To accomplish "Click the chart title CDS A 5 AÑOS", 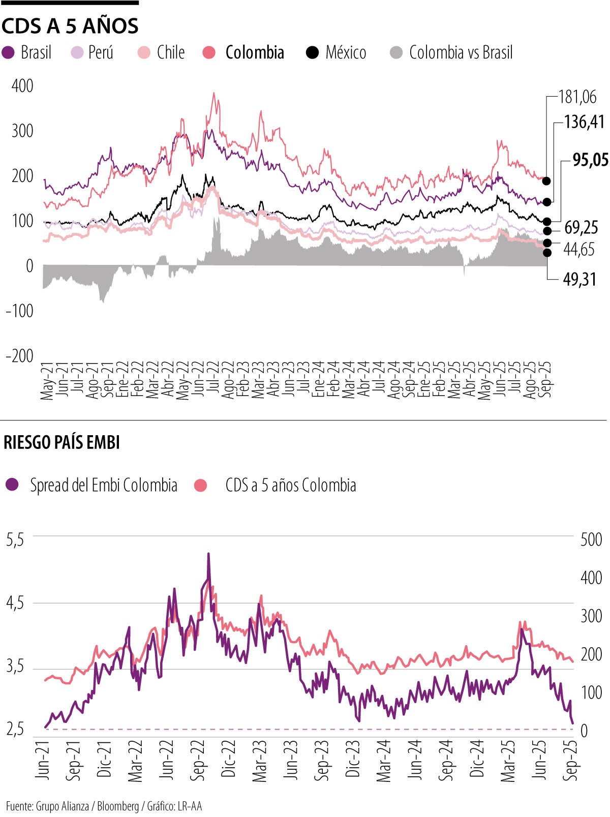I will point(70,26).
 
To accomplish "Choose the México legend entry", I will point(336,52).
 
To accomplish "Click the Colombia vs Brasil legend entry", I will point(451,52).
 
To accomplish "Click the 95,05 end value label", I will point(590,160).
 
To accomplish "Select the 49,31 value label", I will point(579,279).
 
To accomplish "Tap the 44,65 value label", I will point(578,249).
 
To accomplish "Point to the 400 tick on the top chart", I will point(22,86).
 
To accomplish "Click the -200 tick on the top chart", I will point(20,355).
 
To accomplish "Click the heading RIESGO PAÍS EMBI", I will point(62,443).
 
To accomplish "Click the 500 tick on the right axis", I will point(591,539).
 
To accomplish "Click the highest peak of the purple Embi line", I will point(208,554).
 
